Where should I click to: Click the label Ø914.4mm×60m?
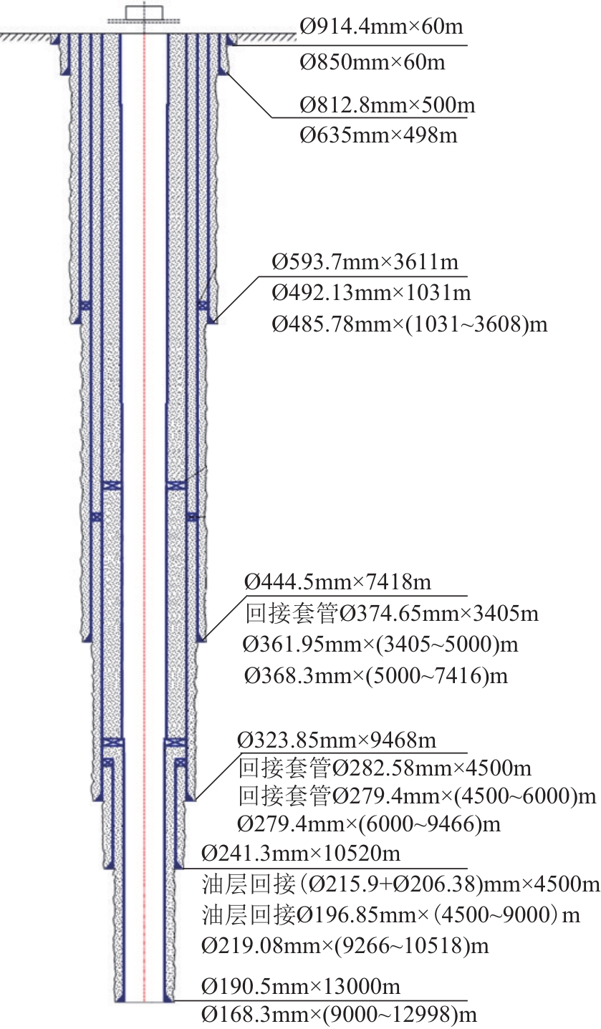(x=381, y=27)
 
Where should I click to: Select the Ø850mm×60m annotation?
(x=372, y=62)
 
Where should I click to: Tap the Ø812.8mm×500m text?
(x=388, y=105)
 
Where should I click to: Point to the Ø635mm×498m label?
(x=378, y=135)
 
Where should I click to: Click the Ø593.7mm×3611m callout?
(x=365, y=262)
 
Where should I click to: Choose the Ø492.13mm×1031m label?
(x=371, y=293)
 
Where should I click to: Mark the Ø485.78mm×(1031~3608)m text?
(x=410, y=325)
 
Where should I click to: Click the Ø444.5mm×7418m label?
(x=337, y=582)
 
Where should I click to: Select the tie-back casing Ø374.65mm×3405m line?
(x=392, y=614)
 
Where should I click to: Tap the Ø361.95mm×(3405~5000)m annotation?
(x=380, y=644)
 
